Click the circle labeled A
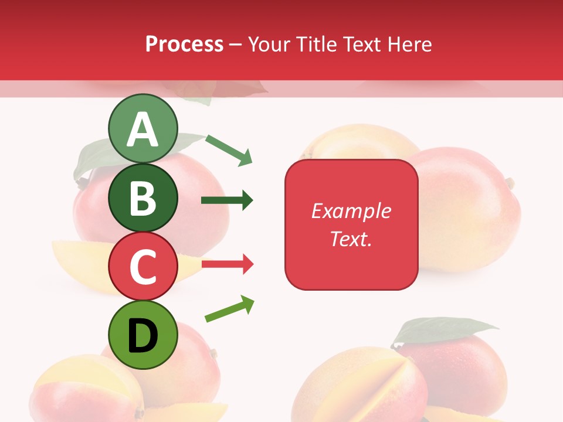tap(143, 128)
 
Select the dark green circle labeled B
tap(143, 198)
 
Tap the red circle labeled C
tap(143, 266)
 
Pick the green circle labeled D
tap(143, 335)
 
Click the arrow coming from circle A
tap(229, 150)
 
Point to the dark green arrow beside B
tap(227, 200)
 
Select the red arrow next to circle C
tap(227, 264)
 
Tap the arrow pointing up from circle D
tap(230, 309)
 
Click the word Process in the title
tap(184, 44)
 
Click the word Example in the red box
tap(351, 211)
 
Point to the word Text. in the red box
tap(351, 239)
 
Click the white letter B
tap(143, 198)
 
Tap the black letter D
tap(143, 336)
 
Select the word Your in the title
tap(269, 44)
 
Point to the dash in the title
tap(236, 45)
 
